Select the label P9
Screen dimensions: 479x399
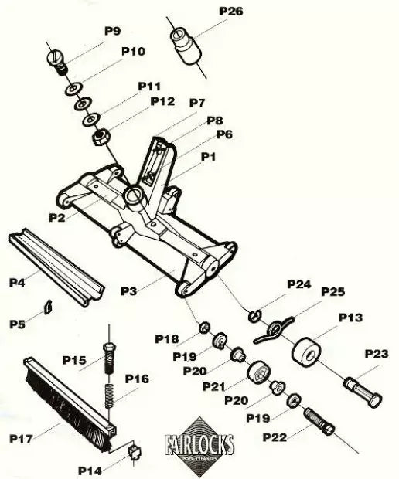[112, 31]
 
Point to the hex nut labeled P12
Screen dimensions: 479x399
[99, 138]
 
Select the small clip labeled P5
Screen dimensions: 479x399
[46, 305]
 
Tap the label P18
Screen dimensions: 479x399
[167, 338]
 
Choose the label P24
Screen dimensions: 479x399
[298, 284]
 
